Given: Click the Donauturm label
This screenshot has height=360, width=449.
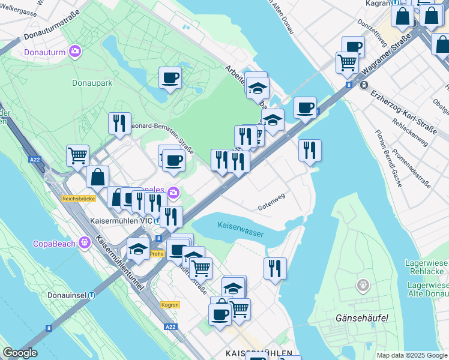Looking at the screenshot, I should pyautogui.click(x=46, y=52).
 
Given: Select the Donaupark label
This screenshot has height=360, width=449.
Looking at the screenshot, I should pyautogui.click(x=91, y=83).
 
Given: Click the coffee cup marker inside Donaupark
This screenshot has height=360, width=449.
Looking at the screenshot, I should pyautogui.click(x=170, y=78).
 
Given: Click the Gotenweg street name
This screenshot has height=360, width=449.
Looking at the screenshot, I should pyautogui.click(x=271, y=204).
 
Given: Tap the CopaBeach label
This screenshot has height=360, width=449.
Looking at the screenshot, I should pyautogui.click(x=54, y=244).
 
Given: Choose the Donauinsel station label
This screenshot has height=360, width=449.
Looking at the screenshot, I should pyautogui.click(x=68, y=295).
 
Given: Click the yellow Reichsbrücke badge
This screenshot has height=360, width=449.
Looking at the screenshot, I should pyautogui.click(x=76, y=198).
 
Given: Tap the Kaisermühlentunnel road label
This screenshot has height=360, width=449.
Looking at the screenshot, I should pyautogui.click(x=119, y=263).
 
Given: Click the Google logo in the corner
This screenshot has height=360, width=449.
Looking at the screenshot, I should pyautogui.click(x=20, y=353).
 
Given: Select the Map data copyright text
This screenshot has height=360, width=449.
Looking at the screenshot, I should pyautogui.click(x=412, y=355).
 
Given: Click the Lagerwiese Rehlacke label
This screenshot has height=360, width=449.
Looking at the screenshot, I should pyautogui.click(x=427, y=267).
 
